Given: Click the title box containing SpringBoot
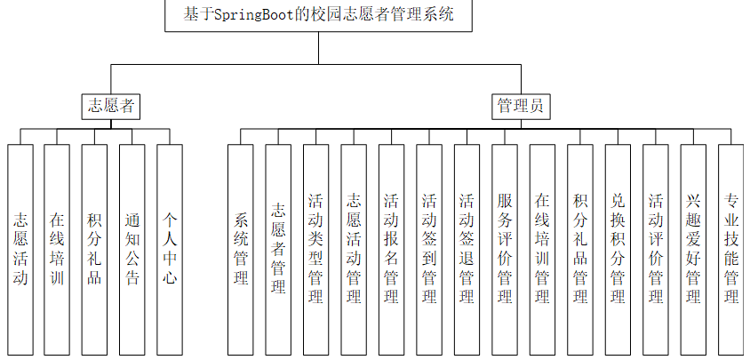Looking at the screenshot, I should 318,15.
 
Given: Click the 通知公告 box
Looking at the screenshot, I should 132,249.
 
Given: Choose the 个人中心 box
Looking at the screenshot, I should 170,249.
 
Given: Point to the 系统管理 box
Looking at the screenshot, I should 240,249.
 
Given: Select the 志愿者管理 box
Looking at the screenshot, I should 278,249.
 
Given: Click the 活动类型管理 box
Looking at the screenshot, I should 315,249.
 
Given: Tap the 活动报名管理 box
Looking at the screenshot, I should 391,249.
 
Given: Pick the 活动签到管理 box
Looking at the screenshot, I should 429,249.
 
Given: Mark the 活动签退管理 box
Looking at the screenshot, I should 467,249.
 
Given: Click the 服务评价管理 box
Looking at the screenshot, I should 505,249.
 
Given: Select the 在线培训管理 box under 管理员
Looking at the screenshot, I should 542,249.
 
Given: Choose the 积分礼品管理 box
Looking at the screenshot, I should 580,249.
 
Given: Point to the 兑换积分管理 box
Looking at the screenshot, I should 618,249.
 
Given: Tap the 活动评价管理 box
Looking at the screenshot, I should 656,249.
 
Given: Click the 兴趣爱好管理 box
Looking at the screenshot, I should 693,249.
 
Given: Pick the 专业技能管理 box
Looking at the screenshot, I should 731,249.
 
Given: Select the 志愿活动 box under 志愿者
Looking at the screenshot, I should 20,249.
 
